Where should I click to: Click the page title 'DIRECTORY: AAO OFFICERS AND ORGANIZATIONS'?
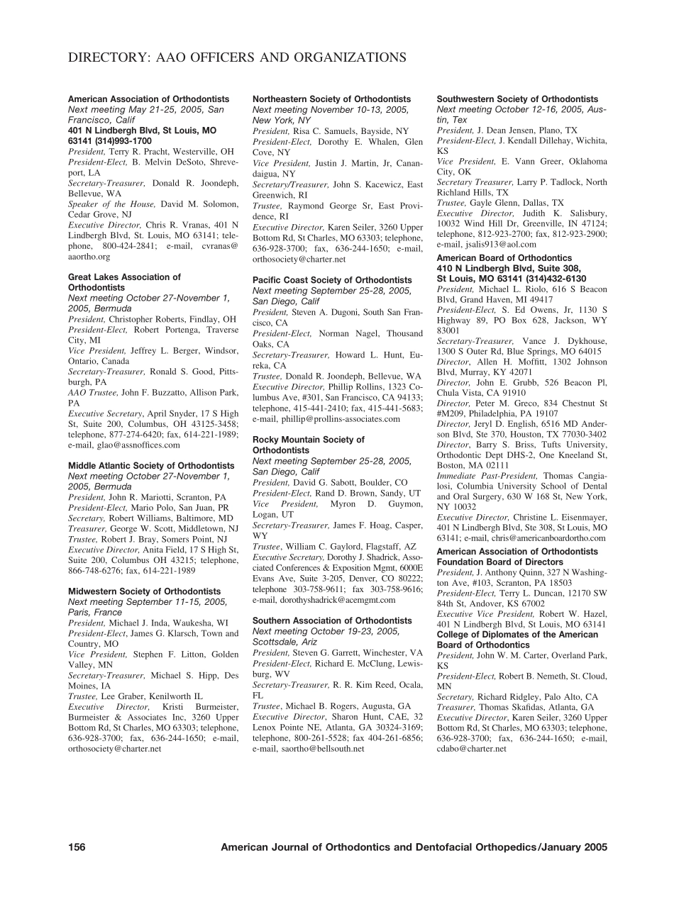click(x=237, y=57)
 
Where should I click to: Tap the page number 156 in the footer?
click(x=77, y=847)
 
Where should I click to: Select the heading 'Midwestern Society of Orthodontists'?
click(x=144, y=591)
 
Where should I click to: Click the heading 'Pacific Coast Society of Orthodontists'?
click(x=332, y=280)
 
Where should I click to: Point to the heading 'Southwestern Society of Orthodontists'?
click(x=517, y=99)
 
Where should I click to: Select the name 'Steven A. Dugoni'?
click(x=324, y=312)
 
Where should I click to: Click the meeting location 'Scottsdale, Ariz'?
click(x=284, y=642)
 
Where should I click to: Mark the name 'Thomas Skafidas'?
click(x=508, y=707)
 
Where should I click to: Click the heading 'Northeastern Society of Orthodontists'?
click(x=331, y=99)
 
